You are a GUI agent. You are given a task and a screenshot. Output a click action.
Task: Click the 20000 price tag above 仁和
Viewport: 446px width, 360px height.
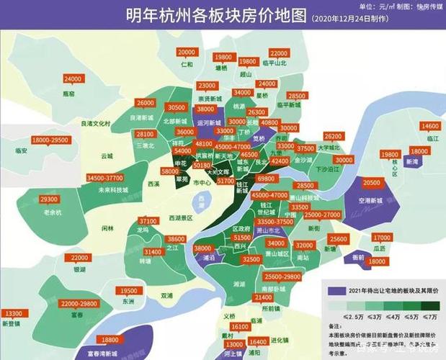(186, 53)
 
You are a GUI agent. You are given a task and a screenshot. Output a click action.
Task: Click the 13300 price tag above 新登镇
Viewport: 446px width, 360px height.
(13, 314)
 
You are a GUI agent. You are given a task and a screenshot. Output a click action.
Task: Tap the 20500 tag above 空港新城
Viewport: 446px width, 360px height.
(372, 184)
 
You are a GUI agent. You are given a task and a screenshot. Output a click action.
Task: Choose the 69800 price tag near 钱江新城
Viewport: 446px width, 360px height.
(265, 177)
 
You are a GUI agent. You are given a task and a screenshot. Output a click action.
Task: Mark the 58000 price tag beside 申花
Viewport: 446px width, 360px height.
(171, 172)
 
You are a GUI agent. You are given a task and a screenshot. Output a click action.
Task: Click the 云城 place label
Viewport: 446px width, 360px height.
(107, 156)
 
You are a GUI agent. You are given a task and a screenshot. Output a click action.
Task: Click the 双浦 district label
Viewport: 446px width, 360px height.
(166, 295)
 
